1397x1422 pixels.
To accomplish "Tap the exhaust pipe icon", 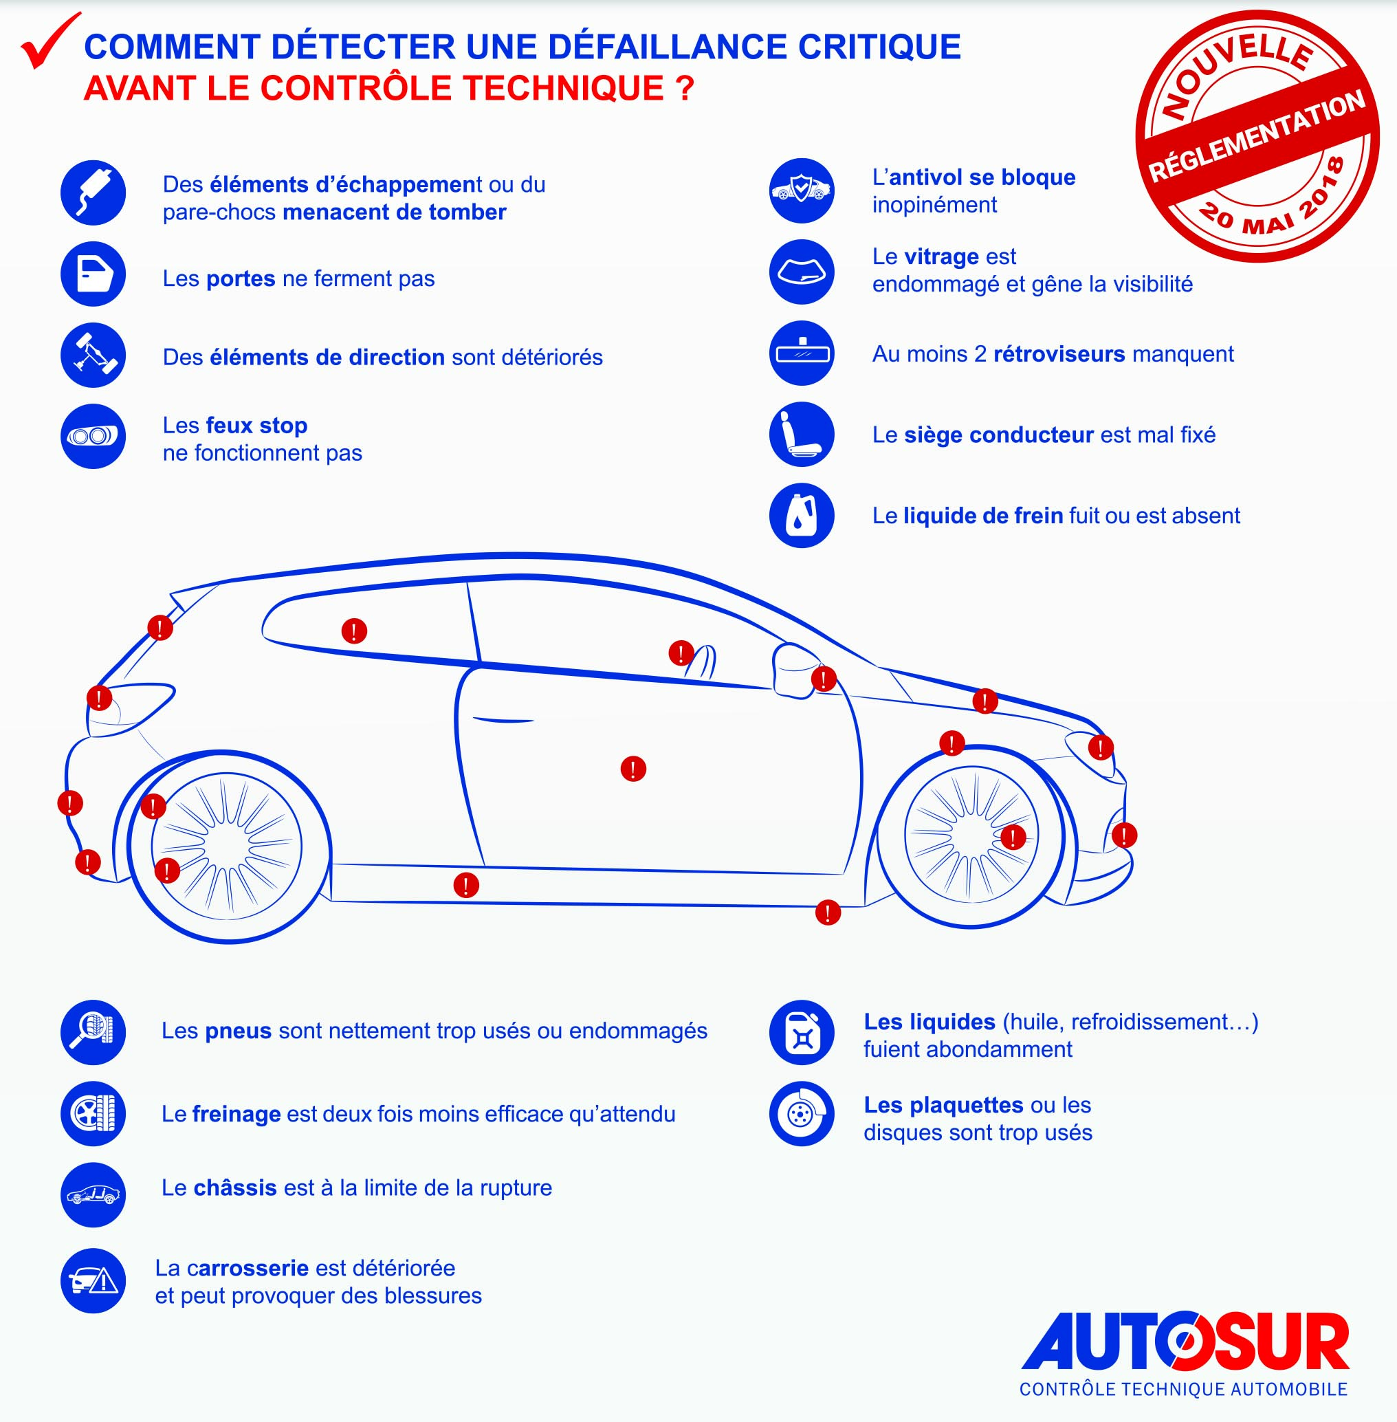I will (93, 193).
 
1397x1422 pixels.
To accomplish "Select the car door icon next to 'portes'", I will (93, 274).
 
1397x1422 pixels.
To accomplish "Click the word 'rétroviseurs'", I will (1059, 353).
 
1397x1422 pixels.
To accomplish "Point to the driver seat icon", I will (801, 435).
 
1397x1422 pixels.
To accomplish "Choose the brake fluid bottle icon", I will (801, 515).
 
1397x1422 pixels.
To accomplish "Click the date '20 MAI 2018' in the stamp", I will (1273, 209).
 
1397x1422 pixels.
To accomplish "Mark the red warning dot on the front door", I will (633, 768).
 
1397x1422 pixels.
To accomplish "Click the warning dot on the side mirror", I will (824, 679).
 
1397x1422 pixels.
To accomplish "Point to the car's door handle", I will (503, 720).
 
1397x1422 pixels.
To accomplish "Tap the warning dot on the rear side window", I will (354, 631).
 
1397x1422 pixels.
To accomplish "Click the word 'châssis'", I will (235, 1188).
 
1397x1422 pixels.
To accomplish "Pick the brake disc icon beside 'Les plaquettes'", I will (801, 1114).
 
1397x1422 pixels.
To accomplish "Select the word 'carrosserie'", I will (247, 1269).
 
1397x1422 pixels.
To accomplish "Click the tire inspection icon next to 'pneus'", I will (93, 1032).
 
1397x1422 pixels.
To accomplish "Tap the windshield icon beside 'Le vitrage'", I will (801, 272).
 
